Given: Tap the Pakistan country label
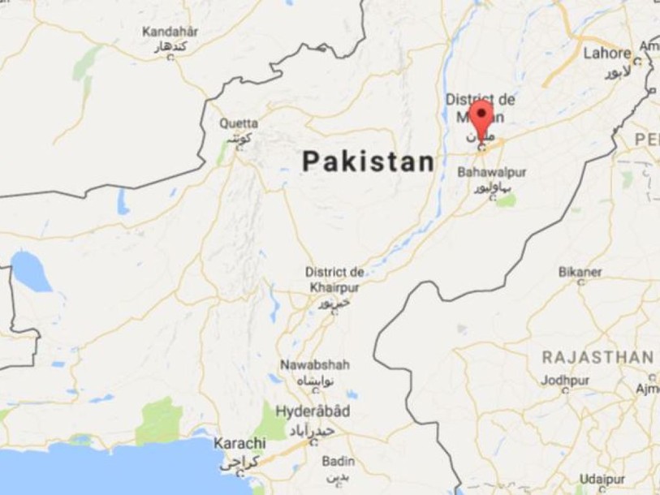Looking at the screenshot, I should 368,161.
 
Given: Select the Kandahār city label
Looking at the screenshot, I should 170,32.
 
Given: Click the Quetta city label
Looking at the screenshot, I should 239,123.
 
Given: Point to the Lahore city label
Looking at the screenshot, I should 607,54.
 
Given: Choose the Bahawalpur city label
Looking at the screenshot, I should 492,173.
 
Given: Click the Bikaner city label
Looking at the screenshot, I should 580,271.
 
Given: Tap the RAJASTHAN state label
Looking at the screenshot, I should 597,357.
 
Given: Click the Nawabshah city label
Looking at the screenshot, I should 315,364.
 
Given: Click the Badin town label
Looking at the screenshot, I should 338,461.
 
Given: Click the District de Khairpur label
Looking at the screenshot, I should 334,278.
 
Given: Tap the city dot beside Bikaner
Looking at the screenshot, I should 580,283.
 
